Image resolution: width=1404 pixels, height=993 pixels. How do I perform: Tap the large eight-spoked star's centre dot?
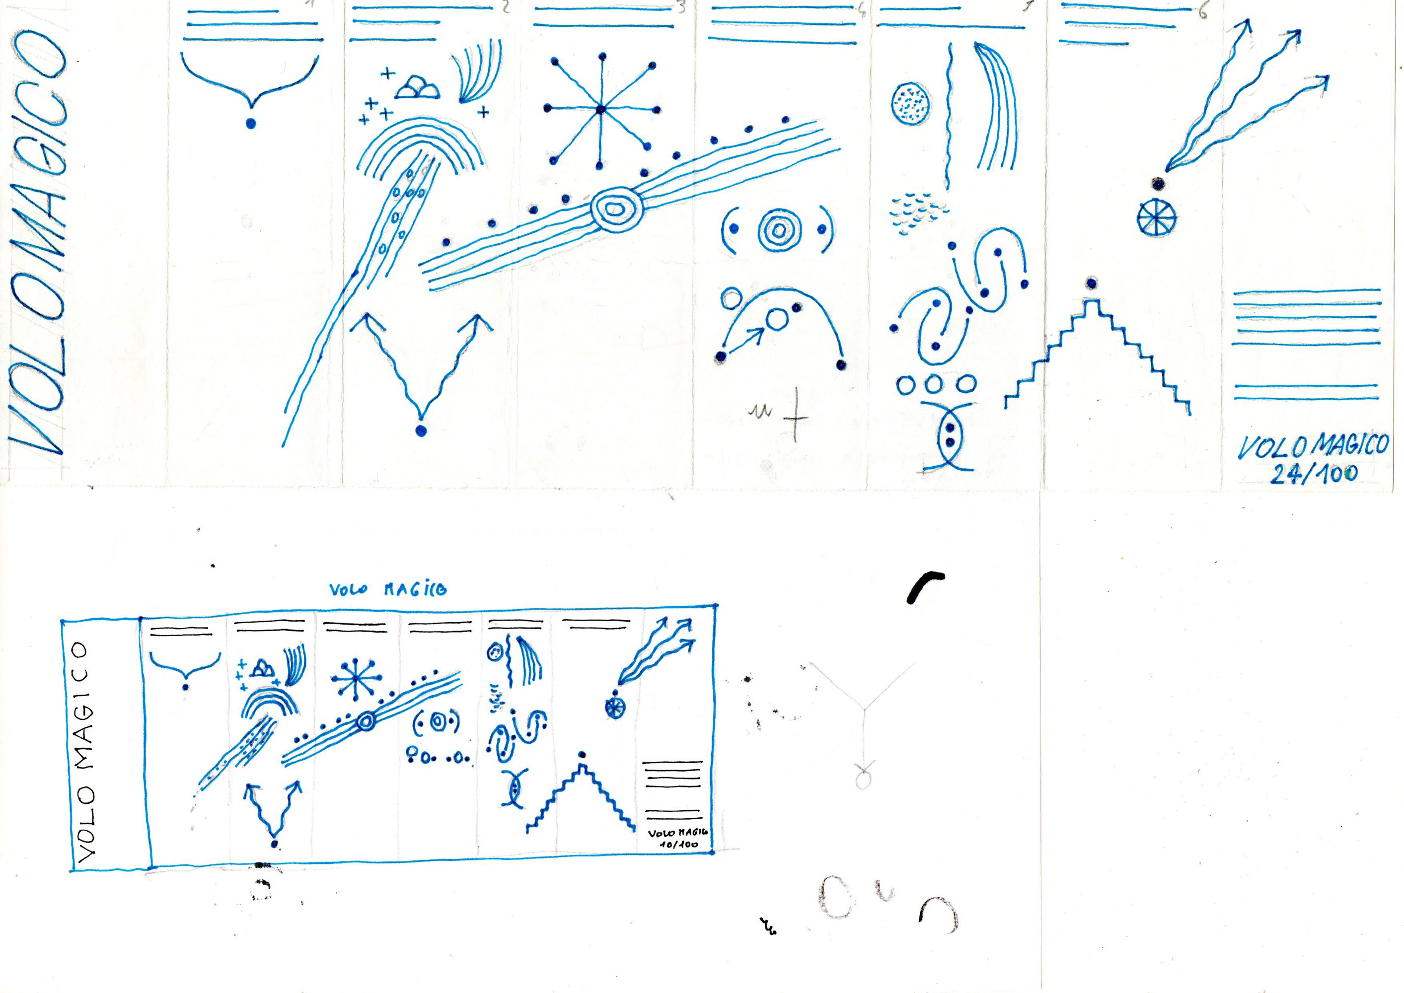[x=600, y=109]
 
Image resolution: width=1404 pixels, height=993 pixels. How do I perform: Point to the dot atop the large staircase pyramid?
[x=1091, y=283]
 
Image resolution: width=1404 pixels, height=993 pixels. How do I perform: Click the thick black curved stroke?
[x=924, y=584]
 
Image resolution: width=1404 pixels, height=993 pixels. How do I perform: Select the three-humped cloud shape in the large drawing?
[x=417, y=87]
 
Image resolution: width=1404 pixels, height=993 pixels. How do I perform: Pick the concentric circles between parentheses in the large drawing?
[x=778, y=230]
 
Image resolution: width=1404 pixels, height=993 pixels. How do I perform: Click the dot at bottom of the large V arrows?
[x=420, y=431]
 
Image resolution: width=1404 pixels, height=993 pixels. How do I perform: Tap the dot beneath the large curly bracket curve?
[x=250, y=124]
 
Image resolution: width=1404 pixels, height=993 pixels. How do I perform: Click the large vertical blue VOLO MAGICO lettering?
[x=38, y=245]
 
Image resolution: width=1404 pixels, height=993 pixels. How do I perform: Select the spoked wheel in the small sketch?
[x=614, y=708]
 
